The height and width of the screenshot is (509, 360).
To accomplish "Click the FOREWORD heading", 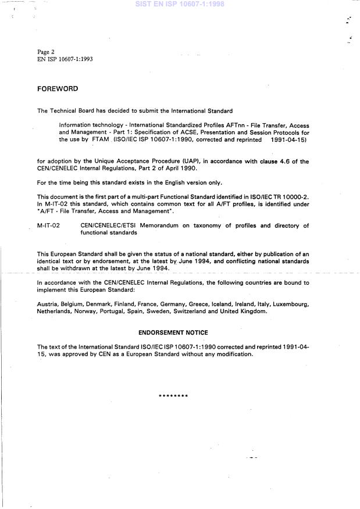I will [x=57, y=89].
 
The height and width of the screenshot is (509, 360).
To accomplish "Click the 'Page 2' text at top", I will [x=47, y=52].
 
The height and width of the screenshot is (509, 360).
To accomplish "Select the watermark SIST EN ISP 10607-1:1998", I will [x=180, y=3].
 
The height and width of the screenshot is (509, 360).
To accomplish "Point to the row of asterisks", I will [x=173, y=396].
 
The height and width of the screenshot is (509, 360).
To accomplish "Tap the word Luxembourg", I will [x=288, y=304].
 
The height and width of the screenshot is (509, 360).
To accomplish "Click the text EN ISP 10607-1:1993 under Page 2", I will [x=65, y=59].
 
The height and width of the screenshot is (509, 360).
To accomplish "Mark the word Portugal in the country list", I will [x=113, y=312].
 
